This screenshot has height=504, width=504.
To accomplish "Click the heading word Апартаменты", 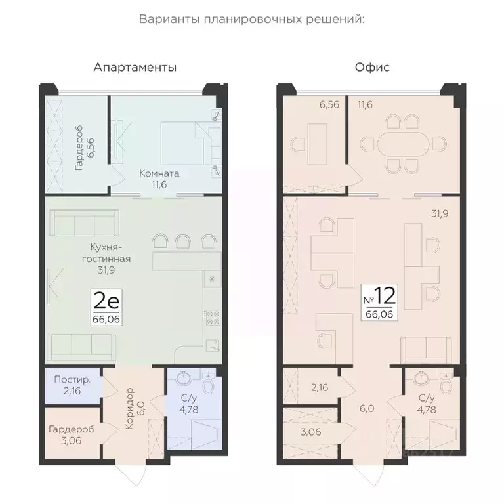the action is (135, 68).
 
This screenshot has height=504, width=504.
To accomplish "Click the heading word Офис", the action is (372, 67).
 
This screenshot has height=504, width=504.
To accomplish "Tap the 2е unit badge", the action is (106, 308).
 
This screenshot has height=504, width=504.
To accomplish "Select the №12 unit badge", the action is (379, 302).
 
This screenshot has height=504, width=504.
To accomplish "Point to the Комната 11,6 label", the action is (159, 179).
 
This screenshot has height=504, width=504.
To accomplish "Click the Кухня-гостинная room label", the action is (106, 259).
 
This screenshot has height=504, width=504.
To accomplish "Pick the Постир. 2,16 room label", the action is (72, 385).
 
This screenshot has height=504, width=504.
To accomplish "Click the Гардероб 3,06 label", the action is (72, 435).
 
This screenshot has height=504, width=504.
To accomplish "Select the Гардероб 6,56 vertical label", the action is (84, 148).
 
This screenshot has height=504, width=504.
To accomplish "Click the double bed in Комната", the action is (190, 143).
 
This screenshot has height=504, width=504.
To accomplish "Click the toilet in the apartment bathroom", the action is (209, 382).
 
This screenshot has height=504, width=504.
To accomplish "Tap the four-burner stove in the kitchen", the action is (213, 317).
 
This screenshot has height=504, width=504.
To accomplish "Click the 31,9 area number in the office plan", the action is (440, 213).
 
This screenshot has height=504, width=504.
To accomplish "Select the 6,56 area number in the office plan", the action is (329, 105).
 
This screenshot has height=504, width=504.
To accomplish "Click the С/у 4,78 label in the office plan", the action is (427, 404).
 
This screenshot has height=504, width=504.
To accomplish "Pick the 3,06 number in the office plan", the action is (311, 432).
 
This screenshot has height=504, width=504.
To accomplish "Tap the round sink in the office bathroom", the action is (421, 378).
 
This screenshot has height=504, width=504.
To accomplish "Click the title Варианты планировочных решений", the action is (252, 19).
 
